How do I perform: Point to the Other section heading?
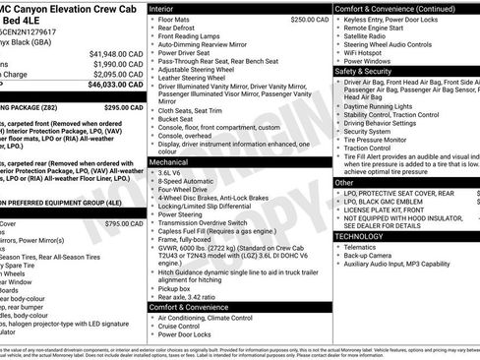(x=344, y=182)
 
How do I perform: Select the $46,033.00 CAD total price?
(x=114, y=87)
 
